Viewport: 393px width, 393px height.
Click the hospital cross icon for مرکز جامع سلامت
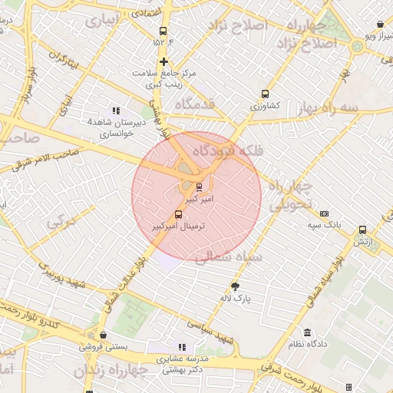pos(163,61)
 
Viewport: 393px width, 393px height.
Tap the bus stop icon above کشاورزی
pos(266,93)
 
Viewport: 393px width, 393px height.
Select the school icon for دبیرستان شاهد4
pos(116,111)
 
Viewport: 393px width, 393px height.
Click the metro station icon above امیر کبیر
pos(200,187)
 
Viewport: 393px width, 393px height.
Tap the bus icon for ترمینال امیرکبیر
pos(179,214)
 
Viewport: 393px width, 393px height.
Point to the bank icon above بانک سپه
pos(324,213)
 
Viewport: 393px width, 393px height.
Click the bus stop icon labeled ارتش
pos(362,229)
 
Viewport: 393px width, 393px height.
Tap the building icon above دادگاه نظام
pos(308,332)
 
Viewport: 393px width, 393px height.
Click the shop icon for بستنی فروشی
pos(102,335)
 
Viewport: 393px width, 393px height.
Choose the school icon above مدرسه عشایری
pos(182,347)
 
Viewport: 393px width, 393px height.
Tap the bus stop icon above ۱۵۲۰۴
pos(162,31)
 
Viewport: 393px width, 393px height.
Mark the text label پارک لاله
pos(249,296)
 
